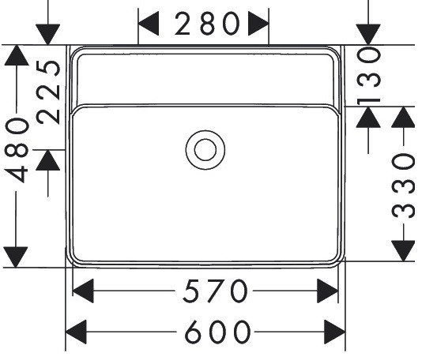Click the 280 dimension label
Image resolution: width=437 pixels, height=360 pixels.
click(x=207, y=24)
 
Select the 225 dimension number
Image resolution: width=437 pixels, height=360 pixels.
click(x=48, y=92)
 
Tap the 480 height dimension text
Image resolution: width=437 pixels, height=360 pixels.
click(x=17, y=150)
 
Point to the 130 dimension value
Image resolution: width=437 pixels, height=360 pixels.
click(x=368, y=76)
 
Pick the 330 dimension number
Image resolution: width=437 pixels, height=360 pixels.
click(x=403, y=186)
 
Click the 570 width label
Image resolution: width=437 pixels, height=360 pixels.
click(x=215, y=291)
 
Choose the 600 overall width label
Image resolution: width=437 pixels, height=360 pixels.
click(x=218, y=332)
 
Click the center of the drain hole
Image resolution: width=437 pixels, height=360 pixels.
click(x=205, y=150)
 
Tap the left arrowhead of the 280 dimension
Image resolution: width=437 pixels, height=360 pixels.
click(x=149, y=24)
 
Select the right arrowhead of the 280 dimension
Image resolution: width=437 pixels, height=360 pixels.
click(x=258, y=24)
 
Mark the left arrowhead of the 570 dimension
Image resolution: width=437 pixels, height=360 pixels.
click(x=83, y=291)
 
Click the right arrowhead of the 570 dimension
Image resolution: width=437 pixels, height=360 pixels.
click(x=328, y=291)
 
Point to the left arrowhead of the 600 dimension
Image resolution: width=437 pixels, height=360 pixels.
click(x=76, y=332)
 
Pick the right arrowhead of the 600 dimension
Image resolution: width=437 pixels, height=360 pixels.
click(x=335, y=332)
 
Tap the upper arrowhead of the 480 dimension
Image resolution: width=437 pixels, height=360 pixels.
click(x=17, y=55)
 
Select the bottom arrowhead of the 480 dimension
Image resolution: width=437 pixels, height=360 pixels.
click(x=16, y=257)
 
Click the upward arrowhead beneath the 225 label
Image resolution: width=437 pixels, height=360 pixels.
click(x=48, y=160)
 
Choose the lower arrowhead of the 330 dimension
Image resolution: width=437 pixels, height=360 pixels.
click(x=403, y=251)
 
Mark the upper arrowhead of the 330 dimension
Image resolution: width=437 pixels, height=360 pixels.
click(x=403, y=117)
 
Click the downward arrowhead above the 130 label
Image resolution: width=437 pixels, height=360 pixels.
click(x=368, y=35)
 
